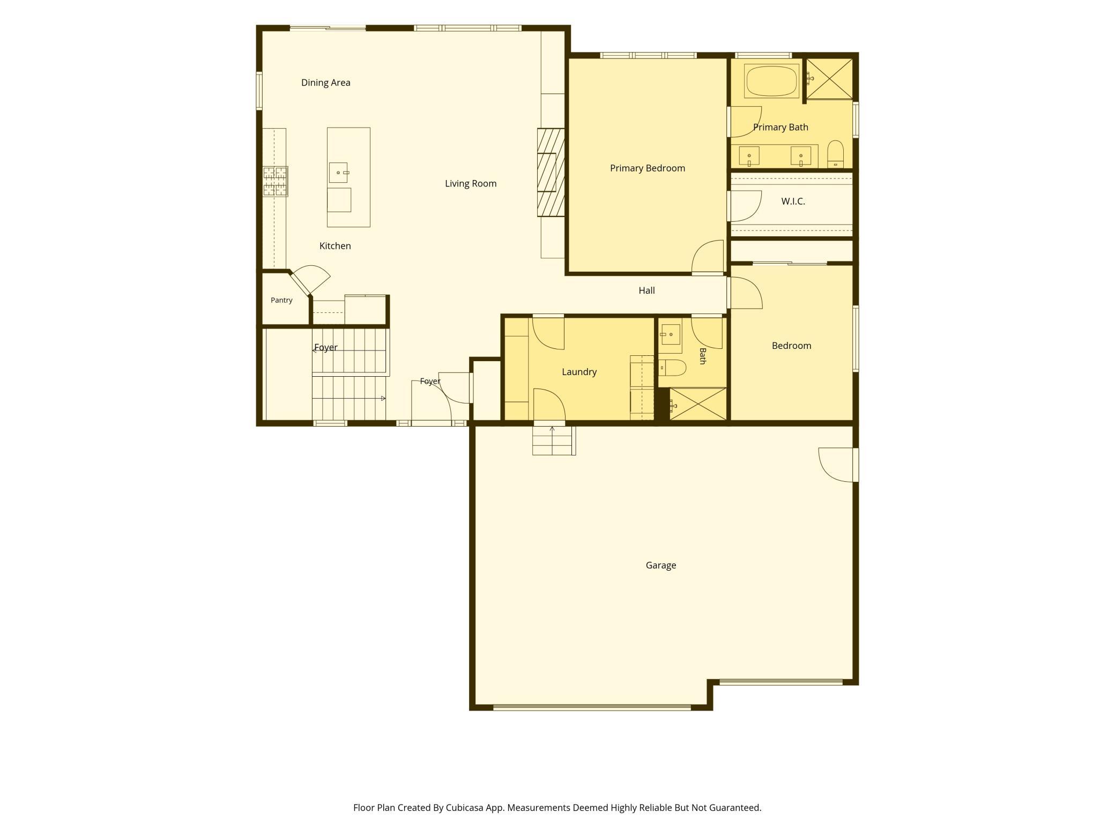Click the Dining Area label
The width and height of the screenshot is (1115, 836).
click(x=325, y=83)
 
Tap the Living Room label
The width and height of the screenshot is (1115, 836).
click(x=471, y=184)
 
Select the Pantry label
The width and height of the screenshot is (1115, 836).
click(x=281, y=300)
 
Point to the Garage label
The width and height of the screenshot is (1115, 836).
click(x=660, y=565)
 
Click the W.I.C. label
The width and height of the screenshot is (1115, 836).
click(x=793, y=201)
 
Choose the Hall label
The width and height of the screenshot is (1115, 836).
click(x=646, y=290)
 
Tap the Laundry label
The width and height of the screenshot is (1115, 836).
click(x=579, y=372)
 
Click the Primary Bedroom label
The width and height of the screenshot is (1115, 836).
click(x=648, y=168)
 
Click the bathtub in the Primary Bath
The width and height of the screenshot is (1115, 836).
click(x=772, y=81)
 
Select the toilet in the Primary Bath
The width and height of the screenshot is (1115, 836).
click(x=835, y=154)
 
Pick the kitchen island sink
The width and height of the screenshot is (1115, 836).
click(x=338, y=173)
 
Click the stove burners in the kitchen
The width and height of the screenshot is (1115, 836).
click(x=275, y=181)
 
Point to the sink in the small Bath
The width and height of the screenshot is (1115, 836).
click(x=670, y=334)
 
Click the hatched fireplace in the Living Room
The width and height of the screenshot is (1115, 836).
click(x=551, y=173)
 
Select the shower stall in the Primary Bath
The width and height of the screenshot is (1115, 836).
click(x=829, y=79)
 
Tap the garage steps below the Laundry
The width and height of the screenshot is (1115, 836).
click(x=554, y=441)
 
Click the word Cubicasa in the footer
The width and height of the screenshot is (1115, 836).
click(x=465, y=808)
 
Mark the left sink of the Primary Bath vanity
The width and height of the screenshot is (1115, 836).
click(x=749, y=155)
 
